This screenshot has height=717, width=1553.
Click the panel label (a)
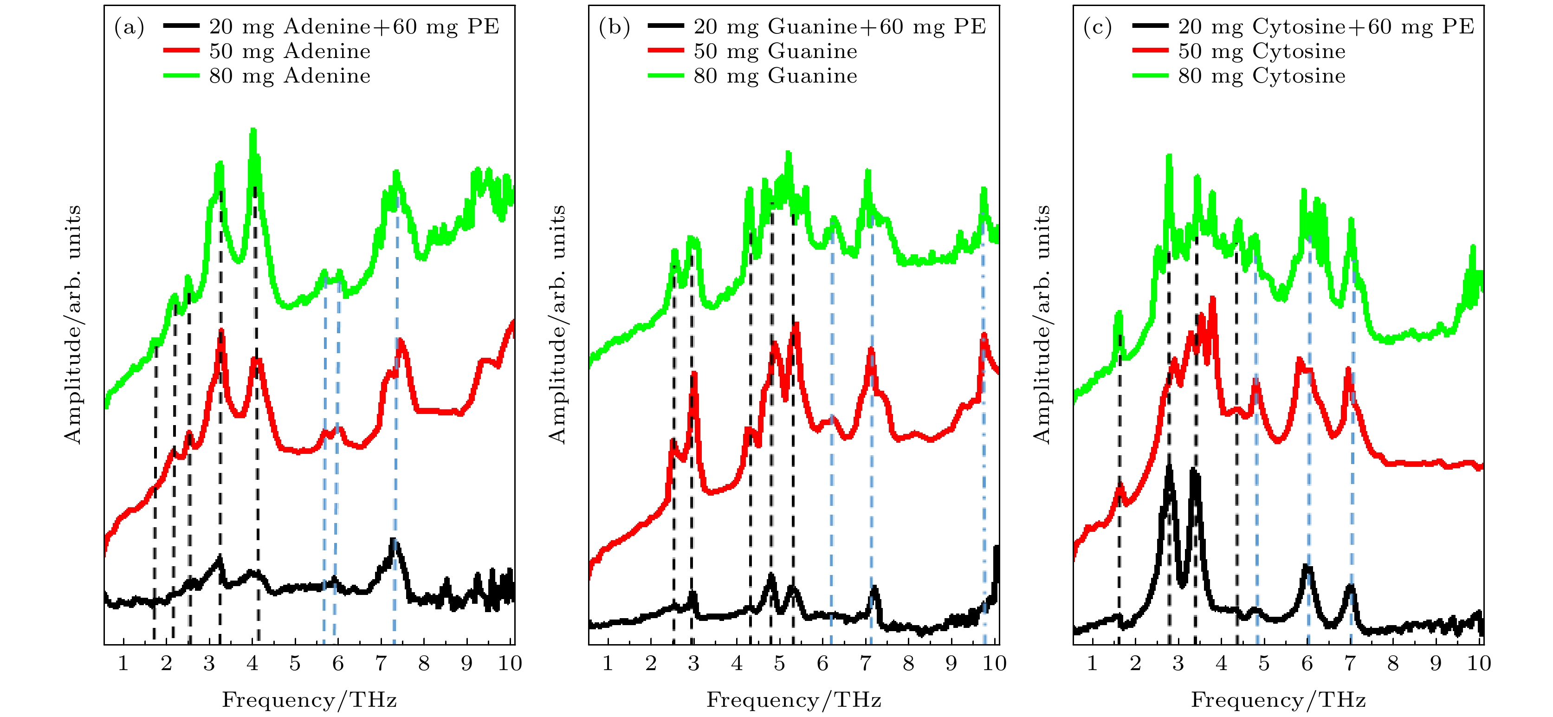129,27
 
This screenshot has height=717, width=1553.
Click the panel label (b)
614,27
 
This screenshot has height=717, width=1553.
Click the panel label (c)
1098,27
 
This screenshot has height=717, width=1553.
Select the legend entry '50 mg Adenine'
289,51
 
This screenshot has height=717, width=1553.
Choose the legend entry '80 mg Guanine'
775,76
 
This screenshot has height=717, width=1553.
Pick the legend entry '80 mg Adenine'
289,76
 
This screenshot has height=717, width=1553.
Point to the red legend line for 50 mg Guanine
666,51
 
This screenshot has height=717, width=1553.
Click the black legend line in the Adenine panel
181,26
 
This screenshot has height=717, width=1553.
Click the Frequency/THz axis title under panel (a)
309,700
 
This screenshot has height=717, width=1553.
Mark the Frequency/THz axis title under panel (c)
1278,700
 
